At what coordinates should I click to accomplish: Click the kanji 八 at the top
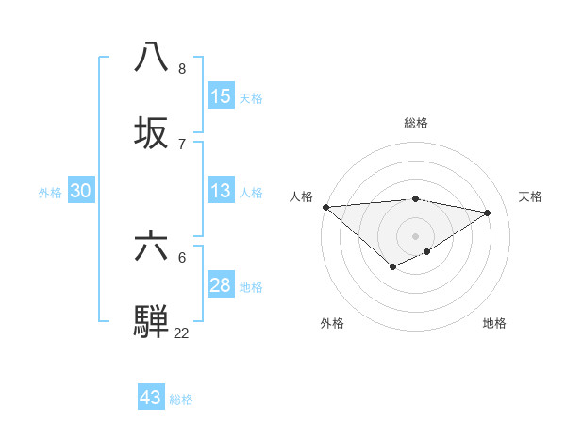153,57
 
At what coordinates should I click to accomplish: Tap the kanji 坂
153,131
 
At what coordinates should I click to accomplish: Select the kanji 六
153,246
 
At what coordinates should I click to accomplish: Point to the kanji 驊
153,320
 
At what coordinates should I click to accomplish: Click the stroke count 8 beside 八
182,69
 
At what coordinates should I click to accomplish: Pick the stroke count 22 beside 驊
181,333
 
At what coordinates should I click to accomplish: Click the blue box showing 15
221,96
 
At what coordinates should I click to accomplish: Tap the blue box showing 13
221,192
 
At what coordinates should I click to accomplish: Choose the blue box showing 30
81,192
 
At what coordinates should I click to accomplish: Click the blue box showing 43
151,398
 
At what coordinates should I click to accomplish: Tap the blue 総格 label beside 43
181,400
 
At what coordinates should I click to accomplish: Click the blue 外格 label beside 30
50,193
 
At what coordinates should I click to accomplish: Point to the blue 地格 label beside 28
252,287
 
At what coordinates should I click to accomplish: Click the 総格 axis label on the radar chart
416,123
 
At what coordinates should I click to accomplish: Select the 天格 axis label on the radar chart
530,196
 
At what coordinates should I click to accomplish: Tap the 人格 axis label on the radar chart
301,196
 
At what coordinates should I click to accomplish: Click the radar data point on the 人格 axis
325,207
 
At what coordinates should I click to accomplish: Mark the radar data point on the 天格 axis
488,213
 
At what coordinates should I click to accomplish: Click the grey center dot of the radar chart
416,235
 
